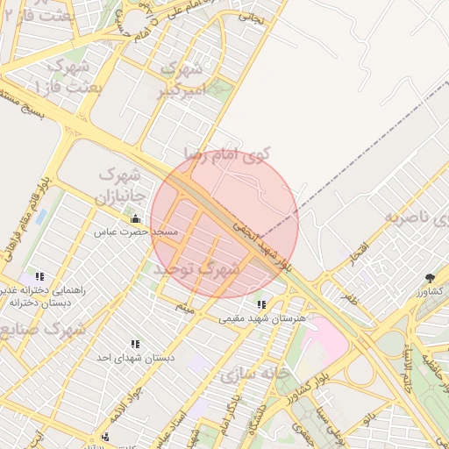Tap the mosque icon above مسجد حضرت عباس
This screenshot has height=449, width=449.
[135, 218]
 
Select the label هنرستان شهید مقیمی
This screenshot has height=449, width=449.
[262, 318]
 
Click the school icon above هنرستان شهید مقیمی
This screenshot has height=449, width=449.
[261, 304]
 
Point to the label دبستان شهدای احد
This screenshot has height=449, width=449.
[136, 358]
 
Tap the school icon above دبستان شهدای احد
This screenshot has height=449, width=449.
[135, 344]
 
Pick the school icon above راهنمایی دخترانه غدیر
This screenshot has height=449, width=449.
[38, 276]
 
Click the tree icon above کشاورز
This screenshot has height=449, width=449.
[430, 277]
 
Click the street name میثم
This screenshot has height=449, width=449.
[183, 307]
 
